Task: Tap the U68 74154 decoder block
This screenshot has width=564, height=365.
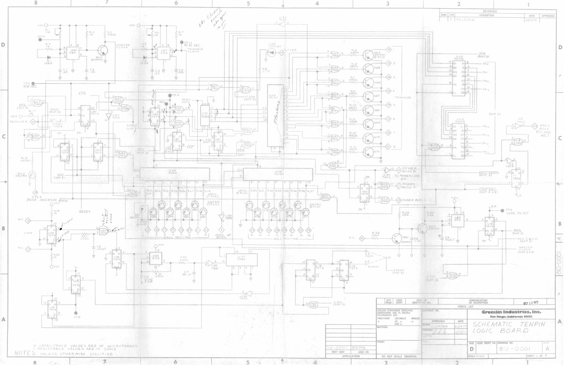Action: (276, 115)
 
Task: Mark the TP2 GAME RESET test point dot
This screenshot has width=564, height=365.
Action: (502, 211)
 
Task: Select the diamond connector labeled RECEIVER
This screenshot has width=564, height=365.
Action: (33, 122)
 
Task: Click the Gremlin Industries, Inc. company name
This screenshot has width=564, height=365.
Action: (511, 312)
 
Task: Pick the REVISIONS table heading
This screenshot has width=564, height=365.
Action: (490, 11)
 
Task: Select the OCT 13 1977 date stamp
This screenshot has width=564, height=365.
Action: (531, 303)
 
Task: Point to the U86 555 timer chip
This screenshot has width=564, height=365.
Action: (156, 258)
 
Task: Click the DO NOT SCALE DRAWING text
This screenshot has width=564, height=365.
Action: (399, 356)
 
